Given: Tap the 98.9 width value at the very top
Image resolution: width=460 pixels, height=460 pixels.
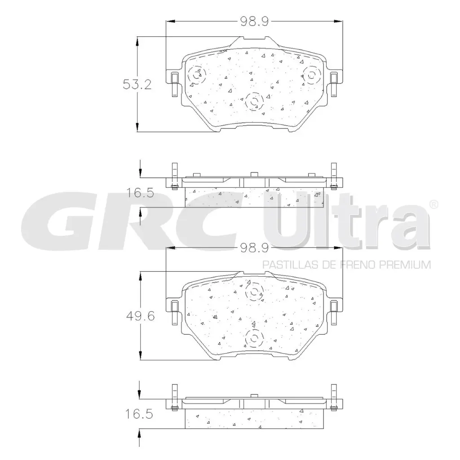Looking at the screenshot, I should [x=254, y=21].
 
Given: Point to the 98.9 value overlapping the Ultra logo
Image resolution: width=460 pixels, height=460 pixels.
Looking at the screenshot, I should [x=254, y=248].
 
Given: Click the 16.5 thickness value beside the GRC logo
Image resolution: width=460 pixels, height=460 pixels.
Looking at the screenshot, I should [x=140, y=194].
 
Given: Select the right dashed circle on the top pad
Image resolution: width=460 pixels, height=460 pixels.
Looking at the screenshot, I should [x=311, y=74].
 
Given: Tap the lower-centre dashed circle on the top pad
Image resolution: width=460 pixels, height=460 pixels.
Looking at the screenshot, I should [x=254, y=102].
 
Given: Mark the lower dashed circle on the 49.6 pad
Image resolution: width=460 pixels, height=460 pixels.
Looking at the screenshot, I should [x=254, y=338].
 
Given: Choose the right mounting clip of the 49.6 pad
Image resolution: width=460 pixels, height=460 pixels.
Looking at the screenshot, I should [x=334, y=311].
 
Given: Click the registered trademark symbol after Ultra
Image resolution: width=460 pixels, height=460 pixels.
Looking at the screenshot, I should [x=433, y=204].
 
